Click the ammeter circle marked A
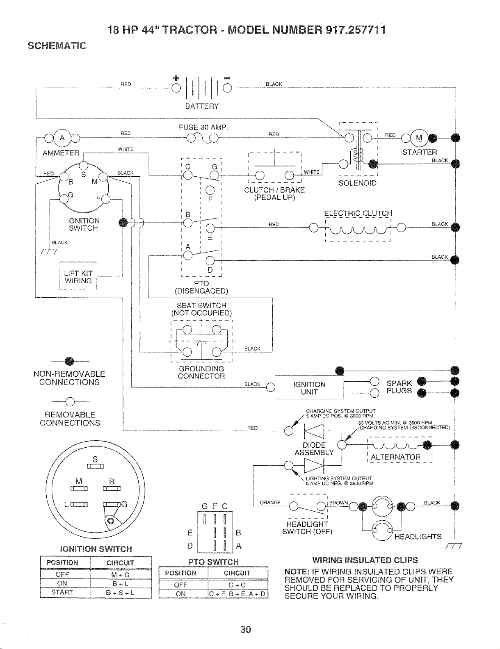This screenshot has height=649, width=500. [62, 138]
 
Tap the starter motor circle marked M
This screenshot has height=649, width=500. [419, 138]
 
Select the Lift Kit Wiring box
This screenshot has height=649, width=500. [78, 276]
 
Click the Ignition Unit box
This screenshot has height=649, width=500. [309, 387]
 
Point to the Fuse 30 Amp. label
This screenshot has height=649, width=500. [203, 128]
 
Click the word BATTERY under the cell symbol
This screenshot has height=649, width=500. [202, 106]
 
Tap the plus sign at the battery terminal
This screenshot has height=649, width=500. [176, 78]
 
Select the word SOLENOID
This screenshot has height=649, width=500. [358, 183]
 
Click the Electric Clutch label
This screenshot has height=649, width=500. [358, 213]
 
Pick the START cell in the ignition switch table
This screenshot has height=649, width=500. [62, 592]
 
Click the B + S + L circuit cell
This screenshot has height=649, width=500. [120, 592]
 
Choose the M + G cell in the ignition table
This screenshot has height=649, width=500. [120, 575]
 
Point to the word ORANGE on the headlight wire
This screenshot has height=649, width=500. [270, 502]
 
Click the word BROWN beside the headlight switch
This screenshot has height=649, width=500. [338, 503]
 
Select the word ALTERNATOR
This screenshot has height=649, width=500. [395, 457]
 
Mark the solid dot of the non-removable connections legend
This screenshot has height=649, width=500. [69, 361]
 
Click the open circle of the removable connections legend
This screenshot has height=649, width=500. [70, 402]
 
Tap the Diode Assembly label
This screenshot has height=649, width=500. [314, 449]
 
